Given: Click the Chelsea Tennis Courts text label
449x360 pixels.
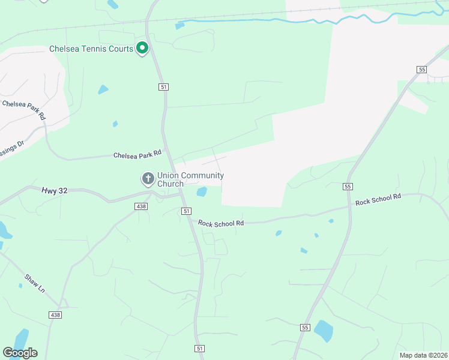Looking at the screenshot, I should pos(91,49).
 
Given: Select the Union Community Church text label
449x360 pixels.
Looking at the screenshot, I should pos(190,179).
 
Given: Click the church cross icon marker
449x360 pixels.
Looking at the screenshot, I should pos(148,178).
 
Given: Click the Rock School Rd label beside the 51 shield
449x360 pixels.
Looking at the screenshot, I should pos(221,223).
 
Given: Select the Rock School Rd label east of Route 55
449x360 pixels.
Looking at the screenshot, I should pos(378,199).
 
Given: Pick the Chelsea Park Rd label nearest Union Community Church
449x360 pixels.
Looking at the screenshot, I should pos(137,154).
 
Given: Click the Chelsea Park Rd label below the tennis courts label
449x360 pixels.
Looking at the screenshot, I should pos(24,110).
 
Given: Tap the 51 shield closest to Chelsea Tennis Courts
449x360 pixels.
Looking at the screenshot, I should pos(164,87).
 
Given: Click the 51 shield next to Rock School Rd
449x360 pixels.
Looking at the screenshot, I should pos(187,211).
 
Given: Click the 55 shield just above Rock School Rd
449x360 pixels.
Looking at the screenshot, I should pos(348,187).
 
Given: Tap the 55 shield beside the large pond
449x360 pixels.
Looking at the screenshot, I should pos(305,327).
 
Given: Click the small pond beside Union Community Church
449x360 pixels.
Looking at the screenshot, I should pos(202,191).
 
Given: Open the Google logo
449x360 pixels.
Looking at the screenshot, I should pos(20,353).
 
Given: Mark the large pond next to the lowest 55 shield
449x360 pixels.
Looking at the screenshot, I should pos(324,331).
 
